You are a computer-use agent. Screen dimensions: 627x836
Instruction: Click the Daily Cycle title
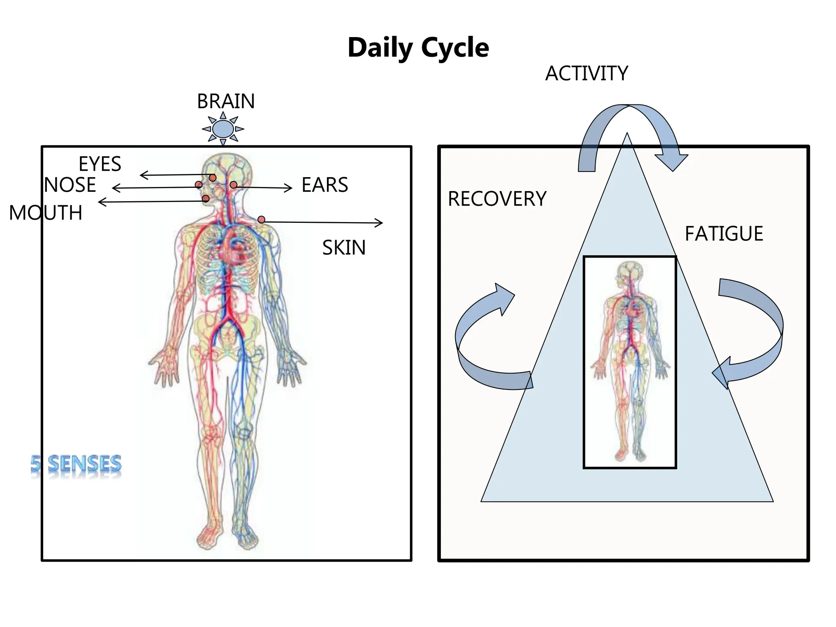point(418,48)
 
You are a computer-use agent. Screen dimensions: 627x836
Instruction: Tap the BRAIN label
point(226,101)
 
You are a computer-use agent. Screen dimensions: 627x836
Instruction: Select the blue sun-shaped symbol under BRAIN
point(223,129)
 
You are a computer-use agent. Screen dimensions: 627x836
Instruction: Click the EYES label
point(100,164)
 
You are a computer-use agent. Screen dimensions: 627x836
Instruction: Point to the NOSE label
point(70,185)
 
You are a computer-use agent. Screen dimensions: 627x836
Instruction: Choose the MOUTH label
point(46,213)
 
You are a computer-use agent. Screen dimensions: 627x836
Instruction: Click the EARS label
point(325,185)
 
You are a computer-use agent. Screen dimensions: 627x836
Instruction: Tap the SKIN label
point(344,248)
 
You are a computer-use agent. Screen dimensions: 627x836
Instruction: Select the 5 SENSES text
point(76,465)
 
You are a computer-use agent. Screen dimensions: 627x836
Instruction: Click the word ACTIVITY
point(587,74)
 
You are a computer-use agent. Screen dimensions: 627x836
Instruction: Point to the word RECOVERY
point(497,199)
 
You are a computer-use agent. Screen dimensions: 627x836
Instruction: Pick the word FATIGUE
point(724,234)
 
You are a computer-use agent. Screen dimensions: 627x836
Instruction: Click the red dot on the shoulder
point(261,220)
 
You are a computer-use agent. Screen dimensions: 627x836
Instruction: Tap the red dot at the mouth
point(206,199)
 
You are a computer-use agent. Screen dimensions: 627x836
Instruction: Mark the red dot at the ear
point(233,185)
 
